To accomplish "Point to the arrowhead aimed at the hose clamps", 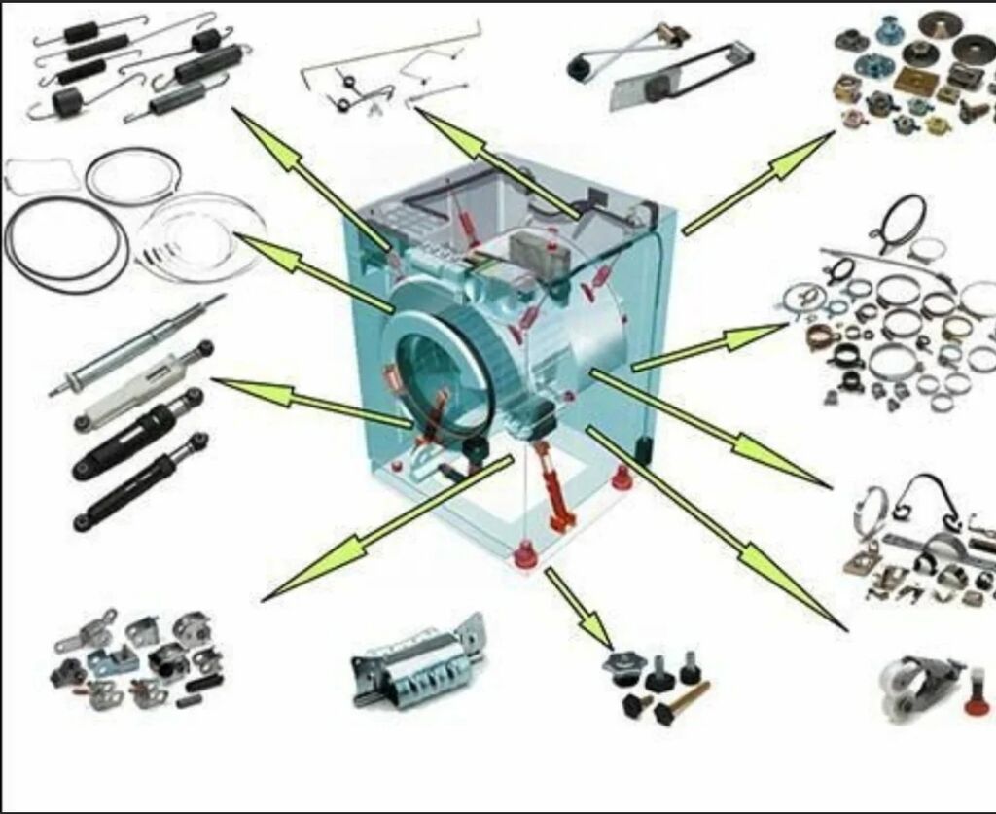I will point(764,334).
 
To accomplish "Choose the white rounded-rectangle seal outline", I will point(44,176).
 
